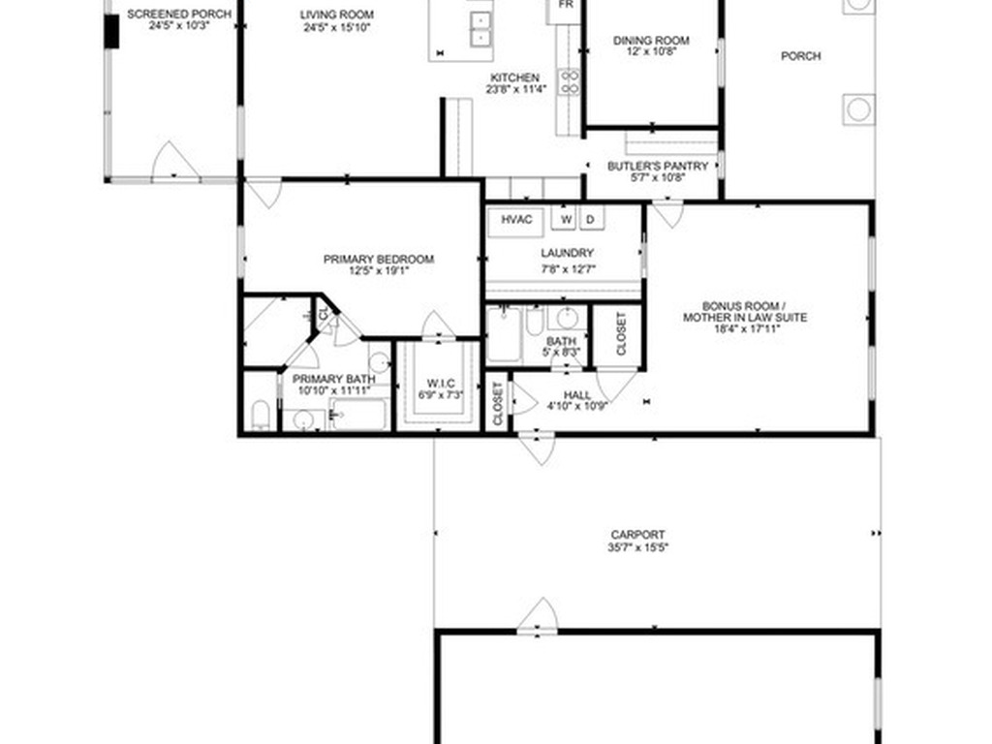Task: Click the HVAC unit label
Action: (516, 220)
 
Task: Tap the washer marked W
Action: (566, 219)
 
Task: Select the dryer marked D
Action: (591, 219)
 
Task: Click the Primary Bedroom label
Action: (379, 260)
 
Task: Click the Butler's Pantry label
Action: (658, 167)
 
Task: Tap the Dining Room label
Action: (651, 41)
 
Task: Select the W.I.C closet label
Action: (441, 384)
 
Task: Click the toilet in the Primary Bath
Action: (260, 415)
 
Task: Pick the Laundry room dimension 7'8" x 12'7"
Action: (567, 269)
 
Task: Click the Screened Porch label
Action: (179, 14)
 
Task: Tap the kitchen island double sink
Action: (480, 30)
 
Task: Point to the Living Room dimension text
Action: (336, 27)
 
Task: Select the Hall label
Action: (577, 395)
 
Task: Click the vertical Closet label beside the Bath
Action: (621, 333)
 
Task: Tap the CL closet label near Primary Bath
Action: (324, 313)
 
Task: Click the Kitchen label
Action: (515, 77)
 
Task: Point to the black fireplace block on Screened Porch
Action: (111, 31)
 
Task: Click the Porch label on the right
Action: (801, 56)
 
